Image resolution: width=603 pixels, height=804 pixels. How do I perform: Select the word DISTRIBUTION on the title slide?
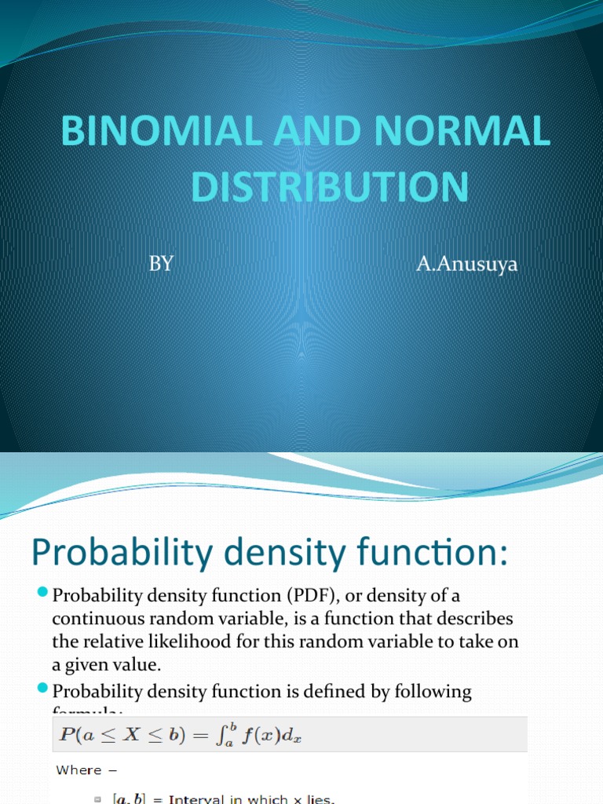(x=330, y=186)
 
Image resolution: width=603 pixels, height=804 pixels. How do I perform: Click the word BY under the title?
(x=161, y=264)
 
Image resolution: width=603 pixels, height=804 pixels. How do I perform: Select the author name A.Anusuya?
(x=467, y=265)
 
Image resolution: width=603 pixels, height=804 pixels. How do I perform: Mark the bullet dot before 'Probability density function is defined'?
(x=42, y=691)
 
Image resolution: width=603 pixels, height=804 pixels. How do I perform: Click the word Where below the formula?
(x=79, y=770)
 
